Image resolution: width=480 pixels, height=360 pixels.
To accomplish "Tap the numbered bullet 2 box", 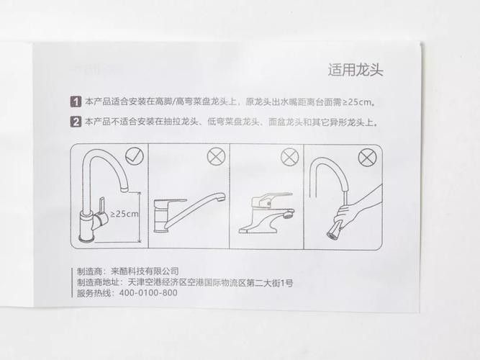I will tap(76, 122).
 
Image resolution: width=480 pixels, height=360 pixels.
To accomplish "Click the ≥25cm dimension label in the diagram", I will tap(124, 214).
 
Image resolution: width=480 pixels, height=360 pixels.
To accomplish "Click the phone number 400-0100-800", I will tap(147, 294).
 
